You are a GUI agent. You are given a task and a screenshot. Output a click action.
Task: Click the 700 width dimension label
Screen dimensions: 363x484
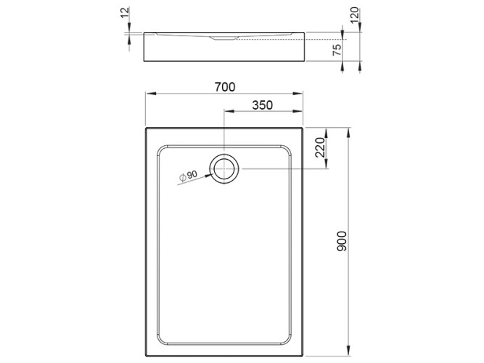[224, 87]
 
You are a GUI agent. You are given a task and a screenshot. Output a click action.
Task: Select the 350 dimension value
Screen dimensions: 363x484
[261, 105]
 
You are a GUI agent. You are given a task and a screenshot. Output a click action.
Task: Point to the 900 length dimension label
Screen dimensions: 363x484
[343, 240]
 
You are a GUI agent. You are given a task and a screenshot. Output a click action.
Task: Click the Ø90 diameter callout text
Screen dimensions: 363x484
[187, 176]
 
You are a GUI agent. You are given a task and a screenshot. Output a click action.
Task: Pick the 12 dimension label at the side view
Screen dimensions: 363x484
[125, 12]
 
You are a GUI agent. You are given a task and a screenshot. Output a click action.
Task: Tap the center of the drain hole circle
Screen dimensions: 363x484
[225, 168]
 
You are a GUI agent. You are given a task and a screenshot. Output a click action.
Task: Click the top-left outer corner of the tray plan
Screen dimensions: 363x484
[147, 129]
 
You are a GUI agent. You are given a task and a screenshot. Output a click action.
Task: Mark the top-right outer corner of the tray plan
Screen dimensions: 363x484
[303, 129]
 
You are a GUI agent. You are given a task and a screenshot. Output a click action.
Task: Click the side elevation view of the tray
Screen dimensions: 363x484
[225, 46]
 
